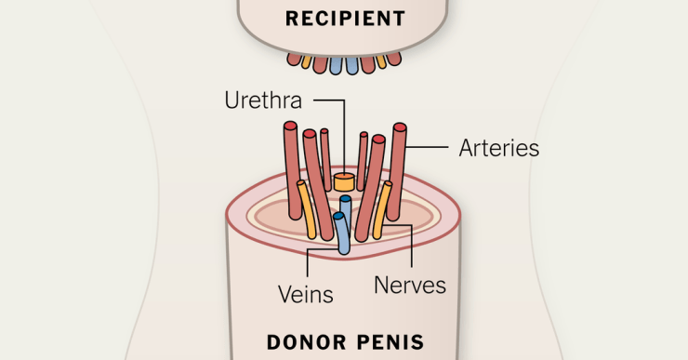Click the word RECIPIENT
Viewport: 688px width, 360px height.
345,19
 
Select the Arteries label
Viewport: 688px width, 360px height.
498,148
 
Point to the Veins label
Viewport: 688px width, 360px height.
306,294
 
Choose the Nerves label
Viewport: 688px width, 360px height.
410,285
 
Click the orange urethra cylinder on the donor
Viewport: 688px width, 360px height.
345,180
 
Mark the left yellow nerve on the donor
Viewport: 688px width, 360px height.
307,209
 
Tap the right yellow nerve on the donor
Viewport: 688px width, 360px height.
382,209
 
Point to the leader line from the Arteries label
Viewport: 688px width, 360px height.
430,147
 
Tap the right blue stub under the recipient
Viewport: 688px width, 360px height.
365,65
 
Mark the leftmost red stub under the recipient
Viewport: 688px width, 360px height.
294,60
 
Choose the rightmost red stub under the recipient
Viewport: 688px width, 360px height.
393,59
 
